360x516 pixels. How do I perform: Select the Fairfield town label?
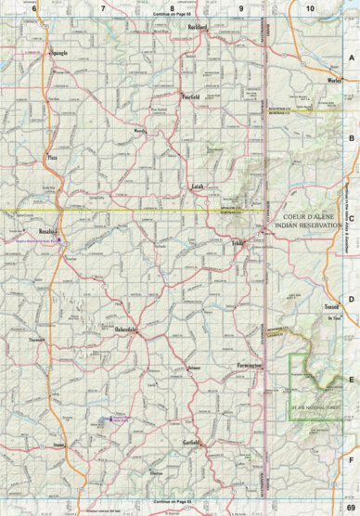(x=191, y=96)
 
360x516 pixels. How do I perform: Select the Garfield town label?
(x=191, y=442)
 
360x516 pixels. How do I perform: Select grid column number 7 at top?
(x=102, y=7)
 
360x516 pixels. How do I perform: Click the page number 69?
(x=349, y=508)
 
